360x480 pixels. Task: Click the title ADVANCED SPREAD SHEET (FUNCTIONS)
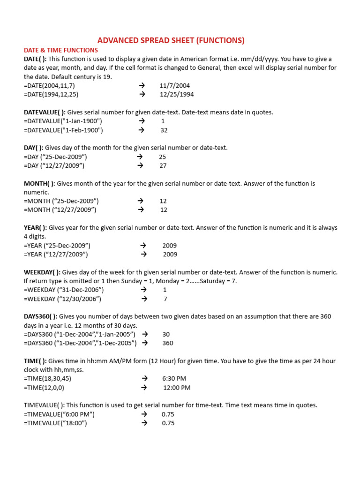tap(171, 40)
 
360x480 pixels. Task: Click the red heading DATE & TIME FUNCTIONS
tap(61, 50)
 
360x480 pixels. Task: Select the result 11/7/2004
tap(174, 86)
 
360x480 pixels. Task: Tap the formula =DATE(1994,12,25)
tap(51, 94)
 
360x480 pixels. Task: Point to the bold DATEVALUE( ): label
tap(45, 112)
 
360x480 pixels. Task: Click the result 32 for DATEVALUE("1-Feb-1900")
tap(164, 130)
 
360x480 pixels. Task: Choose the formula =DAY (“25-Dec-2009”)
tap(55, 157)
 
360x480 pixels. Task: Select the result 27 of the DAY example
tap(163, 165)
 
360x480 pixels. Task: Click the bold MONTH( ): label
tap(39, 183)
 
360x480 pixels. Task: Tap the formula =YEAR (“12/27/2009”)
tap(56, 255)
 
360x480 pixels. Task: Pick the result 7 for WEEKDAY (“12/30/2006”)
tap(165, 299)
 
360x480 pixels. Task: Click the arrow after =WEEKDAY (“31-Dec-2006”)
tap(144, 290)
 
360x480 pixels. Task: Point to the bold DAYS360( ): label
tap(41, 316)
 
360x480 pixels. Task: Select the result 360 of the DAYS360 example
tap(167, 343)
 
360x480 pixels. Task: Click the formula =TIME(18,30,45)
tap(47, 378)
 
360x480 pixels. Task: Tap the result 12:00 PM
tap(177, 388)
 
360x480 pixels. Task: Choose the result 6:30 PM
tap(174, 378)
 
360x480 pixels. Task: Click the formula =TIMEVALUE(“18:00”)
tap(55, 423)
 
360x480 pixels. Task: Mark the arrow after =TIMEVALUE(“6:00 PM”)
tap(144, 414)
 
